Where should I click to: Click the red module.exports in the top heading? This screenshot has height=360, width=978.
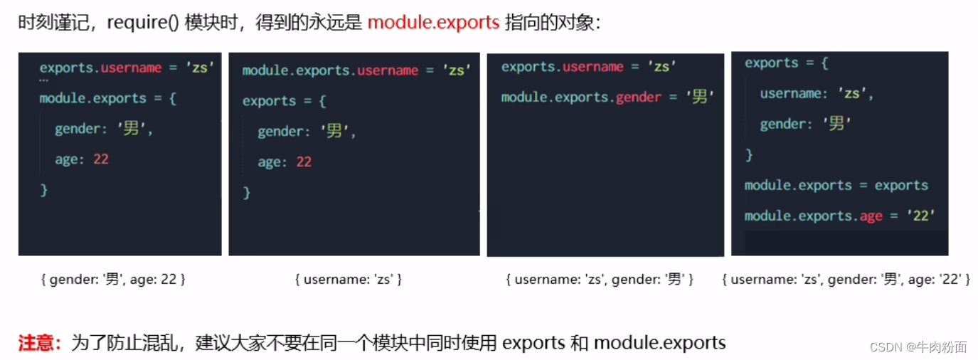pyautogui.click(x=433, y=23)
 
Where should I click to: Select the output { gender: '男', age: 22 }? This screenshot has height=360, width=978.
pyautogui.click(x=113, y=280)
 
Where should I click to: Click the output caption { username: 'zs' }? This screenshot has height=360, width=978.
pyautogui.click(x=349, y=280)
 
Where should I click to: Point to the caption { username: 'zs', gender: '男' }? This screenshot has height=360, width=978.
pyautogui.click(x=600, y=280)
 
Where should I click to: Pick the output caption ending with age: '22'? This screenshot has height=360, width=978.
pyautogui.click(x=846, y=280)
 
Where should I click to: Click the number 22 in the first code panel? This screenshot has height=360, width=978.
pyautogui.click(x=101, y=159)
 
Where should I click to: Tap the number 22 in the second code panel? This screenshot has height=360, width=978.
pyautogui.click(x=304, y=162)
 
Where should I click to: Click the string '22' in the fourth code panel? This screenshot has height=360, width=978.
pyautogui.click(x=921, y=216)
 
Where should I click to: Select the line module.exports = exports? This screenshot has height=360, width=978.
pyautogui.click(x=836, y=186)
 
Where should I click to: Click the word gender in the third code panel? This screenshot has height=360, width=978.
pyautogui.click(x=638, y=97)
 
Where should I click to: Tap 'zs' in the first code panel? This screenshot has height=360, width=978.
pyautogui.click(x=201, y=68)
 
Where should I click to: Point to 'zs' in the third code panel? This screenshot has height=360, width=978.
pyautogui.click(x=661, y=67)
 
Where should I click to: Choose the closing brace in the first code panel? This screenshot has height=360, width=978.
pyautogui.click(x=44, y=190)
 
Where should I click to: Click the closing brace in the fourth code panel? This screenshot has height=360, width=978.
pyautogui.click(x=749, y=154)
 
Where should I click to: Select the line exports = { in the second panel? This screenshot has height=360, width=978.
pyautogui.click(x=284, y=101)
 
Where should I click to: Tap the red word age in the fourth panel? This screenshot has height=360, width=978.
pyautogui.click(x=871, y=216)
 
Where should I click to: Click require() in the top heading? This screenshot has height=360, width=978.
pyautogui.click(x=143, y=23)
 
